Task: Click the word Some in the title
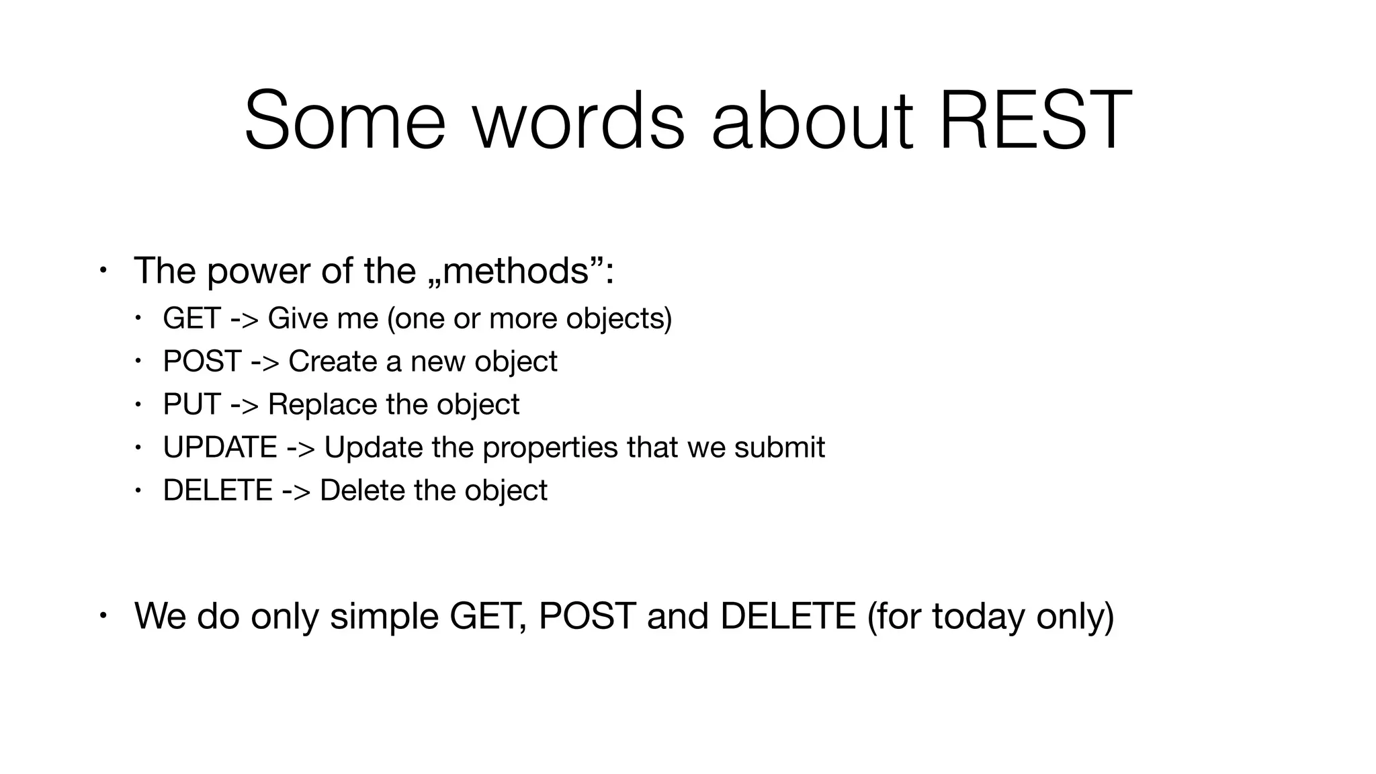click(345, 121)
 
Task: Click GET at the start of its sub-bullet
click(191, 318)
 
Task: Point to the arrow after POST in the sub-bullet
click(265, 362)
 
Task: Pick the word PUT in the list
click(191, 404)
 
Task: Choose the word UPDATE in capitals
click(220, 447)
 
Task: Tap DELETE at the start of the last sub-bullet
click(218, 490)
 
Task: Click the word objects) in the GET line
click(618, 319)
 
